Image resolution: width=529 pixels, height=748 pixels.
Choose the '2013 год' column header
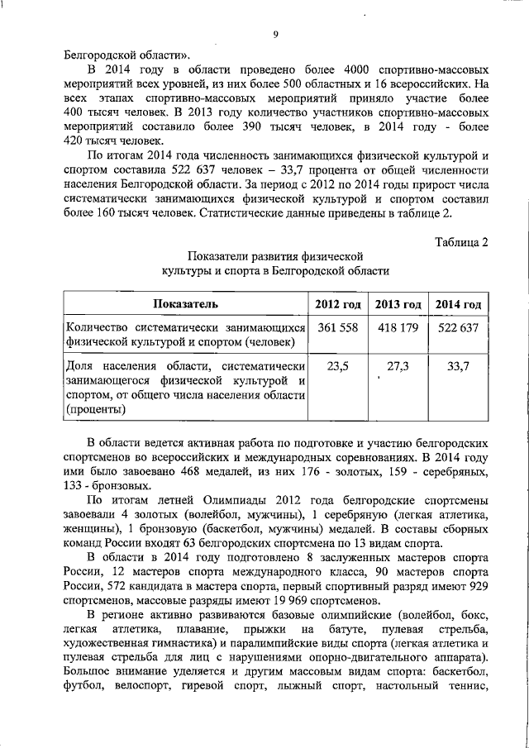[x=398, y=304]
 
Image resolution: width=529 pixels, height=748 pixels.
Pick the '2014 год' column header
[x=459, y=304]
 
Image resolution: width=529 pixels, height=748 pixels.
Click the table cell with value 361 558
[x=337, y=327]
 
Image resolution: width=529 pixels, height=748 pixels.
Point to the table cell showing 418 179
[x=398, y=327]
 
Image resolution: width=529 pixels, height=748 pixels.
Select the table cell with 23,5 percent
[x=337, y=366]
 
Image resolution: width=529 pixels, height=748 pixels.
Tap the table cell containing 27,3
[x=398, y=366]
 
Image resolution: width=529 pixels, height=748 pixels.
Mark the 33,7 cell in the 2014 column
[x=459, y=366]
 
